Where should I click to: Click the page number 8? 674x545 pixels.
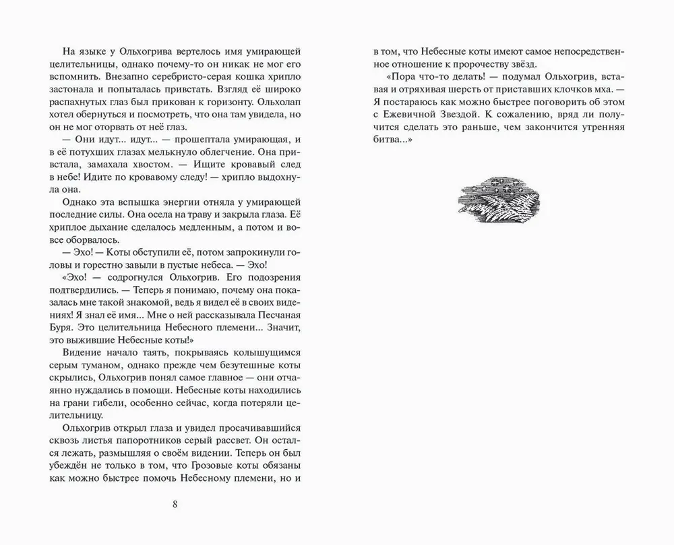pyautogui.click(x=175, y=505)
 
